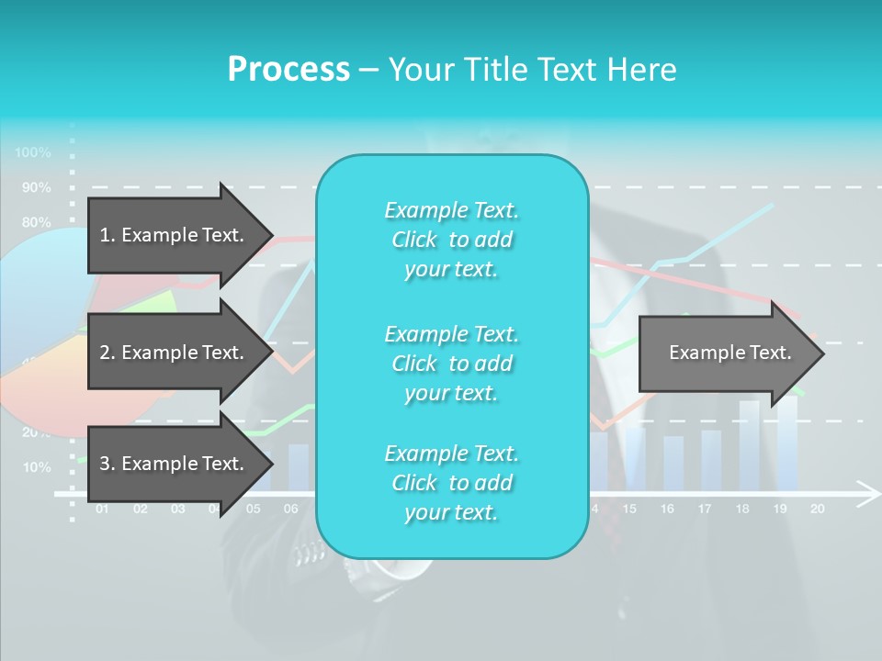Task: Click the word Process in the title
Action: (x=288, y=69)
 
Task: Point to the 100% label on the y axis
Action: (x=33, y=152)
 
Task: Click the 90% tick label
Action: (x=36, y=187)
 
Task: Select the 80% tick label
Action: (x=36, y=222)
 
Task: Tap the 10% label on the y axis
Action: (x=36, y=467)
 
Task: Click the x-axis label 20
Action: (x=817, y=509)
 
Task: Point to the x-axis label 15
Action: (x=629, y=509)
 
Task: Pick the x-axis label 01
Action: (x=102, y=509)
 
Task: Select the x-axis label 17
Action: (x=705, y=509)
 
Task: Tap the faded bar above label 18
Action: (x=750, y=445)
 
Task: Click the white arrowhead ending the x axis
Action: (x=866, y=494)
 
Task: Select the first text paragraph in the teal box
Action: (x=451, y=240)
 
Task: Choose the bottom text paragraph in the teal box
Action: (x=451, y=483)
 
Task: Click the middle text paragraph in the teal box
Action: (x=451, y=363)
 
